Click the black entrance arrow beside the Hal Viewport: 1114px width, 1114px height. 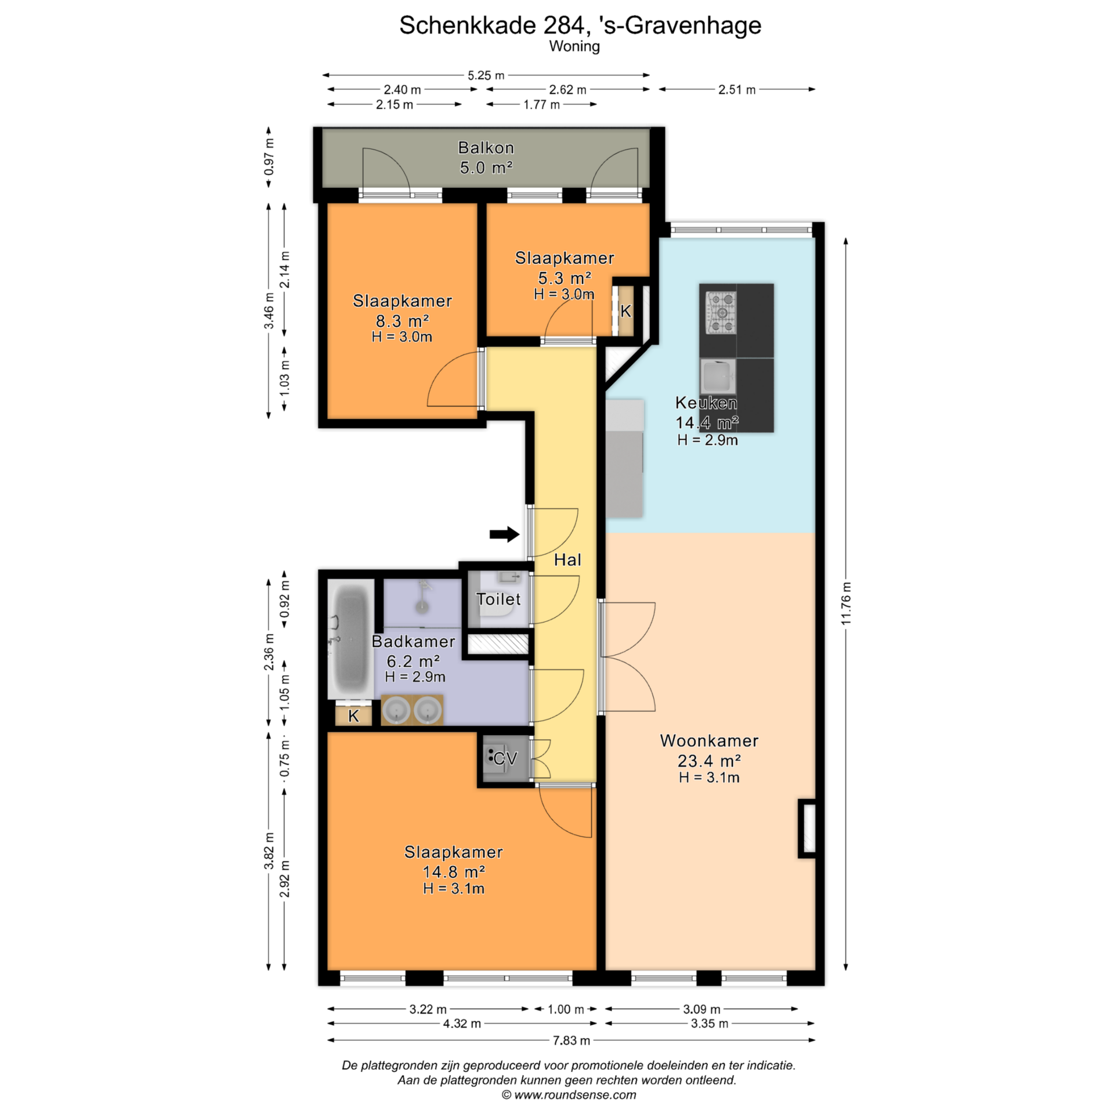[x=504, y=534]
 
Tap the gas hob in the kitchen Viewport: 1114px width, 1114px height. [x=721, y=313]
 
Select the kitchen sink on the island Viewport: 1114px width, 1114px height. [x=718, y=377]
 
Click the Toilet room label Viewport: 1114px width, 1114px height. [x=498, y=599]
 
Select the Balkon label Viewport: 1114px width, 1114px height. [x=486, y=148]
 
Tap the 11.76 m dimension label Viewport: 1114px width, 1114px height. [x=846, y=603]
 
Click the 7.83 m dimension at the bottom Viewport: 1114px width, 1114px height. [x=571, y=1041]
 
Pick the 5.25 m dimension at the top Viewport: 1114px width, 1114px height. [x=486, y=75]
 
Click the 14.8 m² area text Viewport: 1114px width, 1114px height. [x=454, y=872]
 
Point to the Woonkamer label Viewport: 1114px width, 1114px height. [x=709, y=741]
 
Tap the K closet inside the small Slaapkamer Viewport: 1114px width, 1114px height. [x=625, y=312]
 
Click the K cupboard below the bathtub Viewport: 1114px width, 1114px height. [x=353, y=716]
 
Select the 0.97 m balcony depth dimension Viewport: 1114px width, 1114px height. [x=269, y=157]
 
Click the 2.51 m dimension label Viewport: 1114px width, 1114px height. [x=737, y=90]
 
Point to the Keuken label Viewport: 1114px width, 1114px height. [x=706, y=403]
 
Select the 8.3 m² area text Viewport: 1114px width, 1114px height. [x=402, y=321]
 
